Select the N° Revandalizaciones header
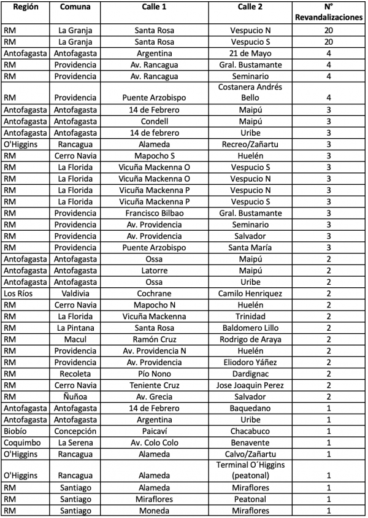[x=328, y=13]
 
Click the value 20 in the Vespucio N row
[x=328, y=30]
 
